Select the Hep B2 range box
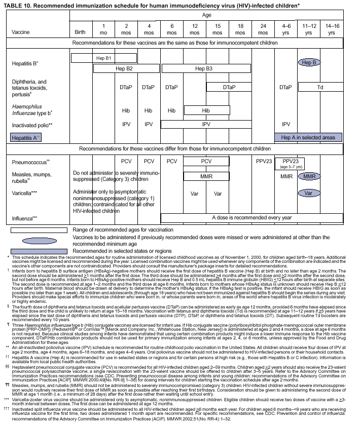(124, 68)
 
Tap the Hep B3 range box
(204, 68)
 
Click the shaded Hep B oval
(309, 62)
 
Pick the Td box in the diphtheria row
(320, 87)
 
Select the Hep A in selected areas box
(308, 137)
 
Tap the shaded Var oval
(309, 193)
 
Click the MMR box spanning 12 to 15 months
(206, 176)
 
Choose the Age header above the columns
(207, 16)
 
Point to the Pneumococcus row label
(29, 162)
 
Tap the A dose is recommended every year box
(251, 217)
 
